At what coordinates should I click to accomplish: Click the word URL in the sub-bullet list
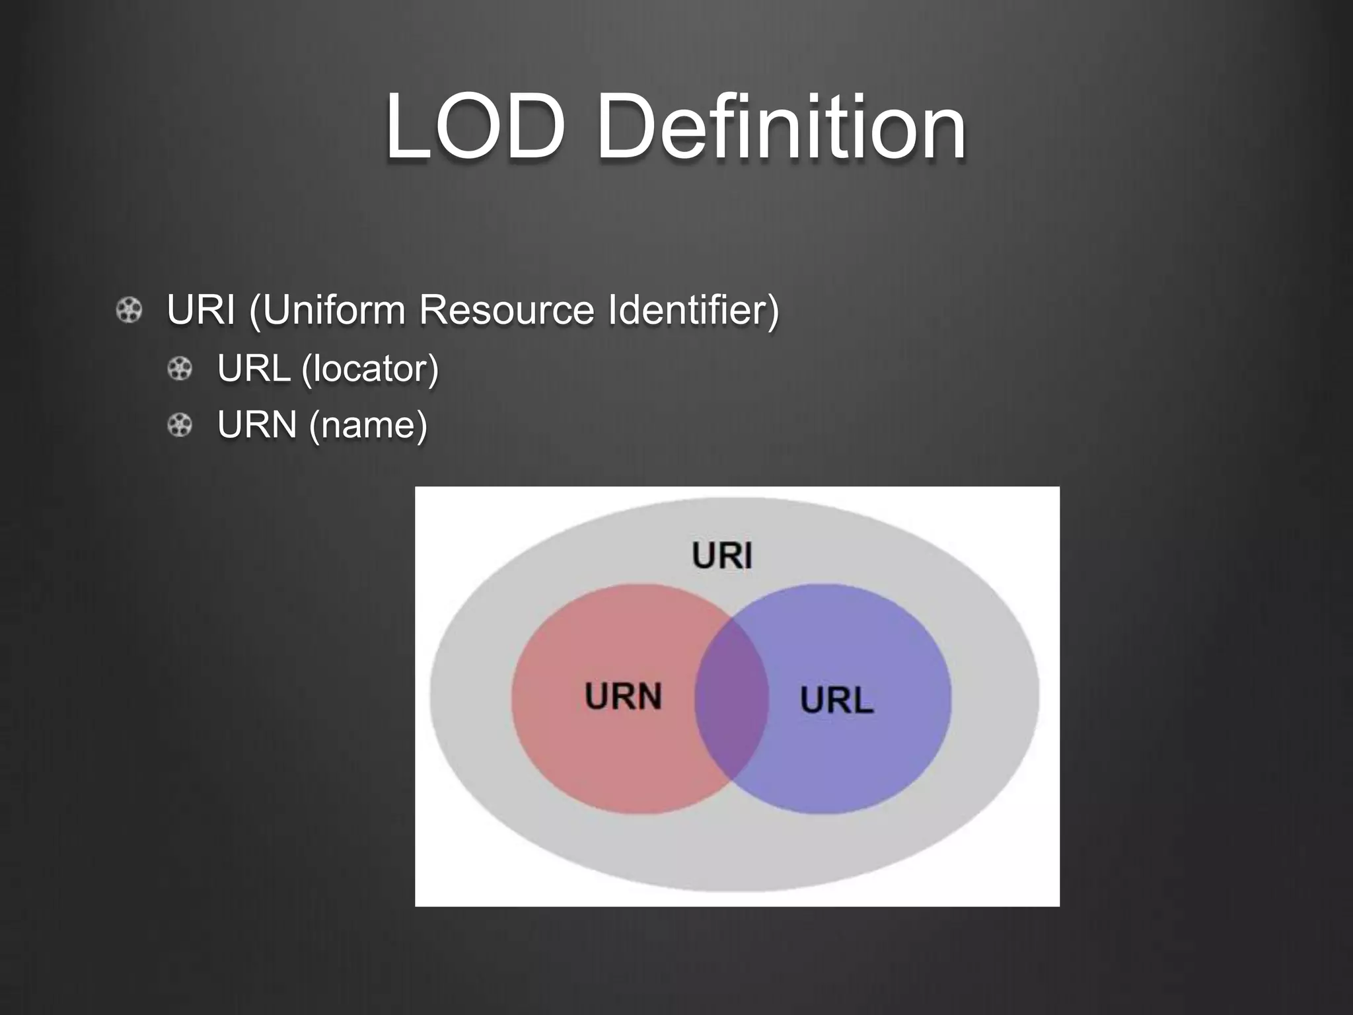click(x=254, y=368)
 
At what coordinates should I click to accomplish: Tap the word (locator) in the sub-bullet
click(x=370, y=368)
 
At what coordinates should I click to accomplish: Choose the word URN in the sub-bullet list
click(x=257, y=424)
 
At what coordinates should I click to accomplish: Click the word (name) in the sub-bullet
click(x=369, y=424)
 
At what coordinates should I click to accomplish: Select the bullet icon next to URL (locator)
click(x=180, y=369)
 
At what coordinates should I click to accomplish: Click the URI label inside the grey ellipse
click(x=722, y=555)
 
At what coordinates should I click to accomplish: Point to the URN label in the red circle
click(x=623, y=696)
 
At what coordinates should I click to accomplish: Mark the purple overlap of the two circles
click(x=731, y=699)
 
